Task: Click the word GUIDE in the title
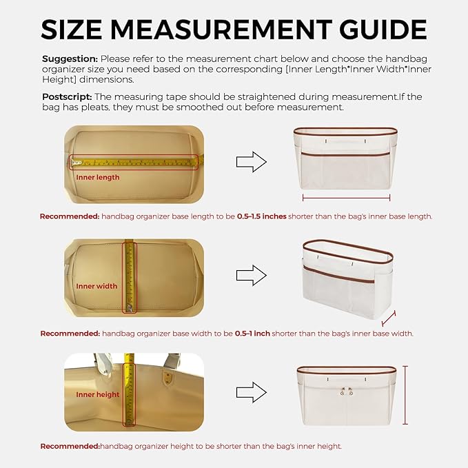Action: pos(383,29)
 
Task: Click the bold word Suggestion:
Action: pos(70,59)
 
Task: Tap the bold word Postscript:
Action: pos(67,97)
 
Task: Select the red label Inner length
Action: pos(98,177)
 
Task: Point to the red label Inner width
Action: pos(96,286)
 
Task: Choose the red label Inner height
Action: pos(98,394)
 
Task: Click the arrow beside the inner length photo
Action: pos(252,162)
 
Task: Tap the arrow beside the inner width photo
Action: pos(252,275)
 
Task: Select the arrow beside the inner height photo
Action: pos(252,392)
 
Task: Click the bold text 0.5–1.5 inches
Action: pos(262,216)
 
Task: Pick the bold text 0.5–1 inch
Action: pos(252,334)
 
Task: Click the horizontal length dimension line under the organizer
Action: pos(346,198)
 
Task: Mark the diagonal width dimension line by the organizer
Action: pos(389,318)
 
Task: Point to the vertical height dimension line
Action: pos(405,395)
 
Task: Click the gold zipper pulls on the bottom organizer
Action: pos(347,391)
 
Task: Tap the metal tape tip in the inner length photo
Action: pos(77,163)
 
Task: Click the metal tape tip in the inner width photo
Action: pos(130,307)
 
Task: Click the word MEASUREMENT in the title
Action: pos(221,29)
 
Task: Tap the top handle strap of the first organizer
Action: pos(346,141)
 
